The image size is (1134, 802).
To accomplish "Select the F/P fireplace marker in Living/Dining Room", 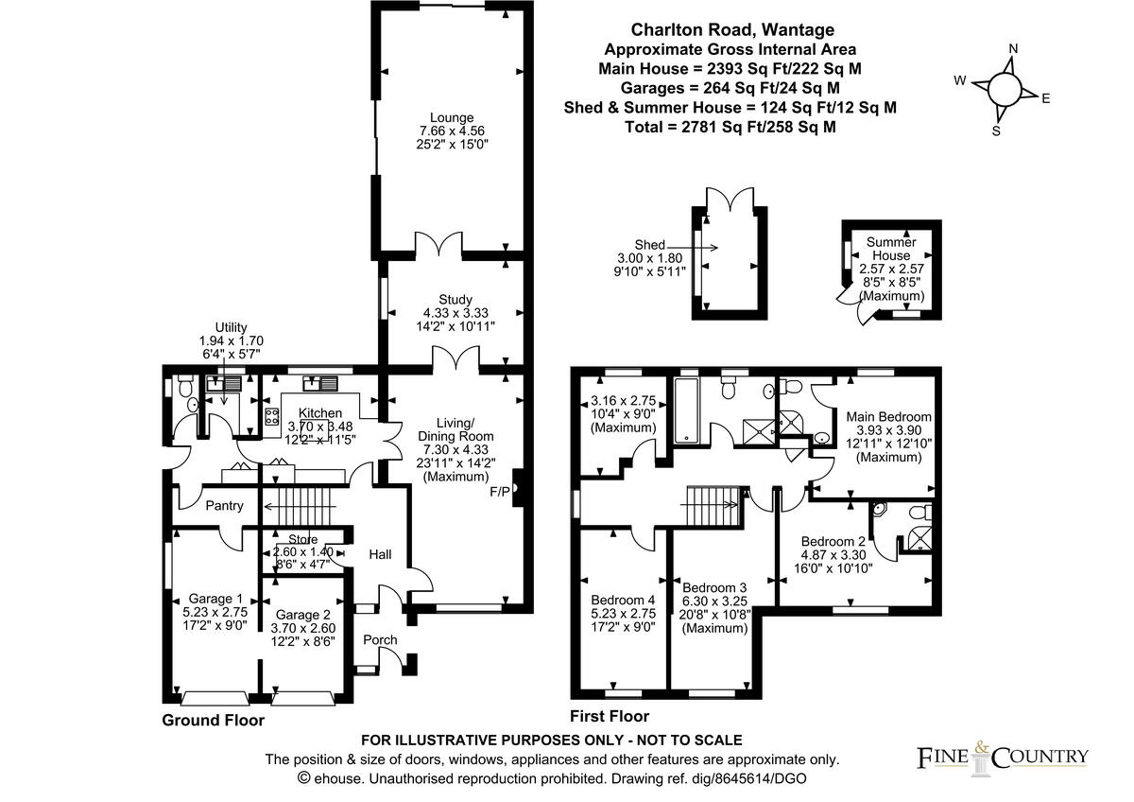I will tap(499, 492).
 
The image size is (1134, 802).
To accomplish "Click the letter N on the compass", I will tap(1013, 49).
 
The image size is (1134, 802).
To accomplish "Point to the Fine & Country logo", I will tap(1003, 756).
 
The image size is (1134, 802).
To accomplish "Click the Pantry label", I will tap(224, 506).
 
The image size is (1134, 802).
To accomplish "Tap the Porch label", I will tap(380, 640).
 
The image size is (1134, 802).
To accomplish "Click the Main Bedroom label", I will tap(888, 416).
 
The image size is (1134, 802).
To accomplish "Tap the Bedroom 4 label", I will tap(623, 600).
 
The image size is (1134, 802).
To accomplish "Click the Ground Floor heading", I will tap(213, 720).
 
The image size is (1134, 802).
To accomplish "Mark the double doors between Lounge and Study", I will tap(438, 248).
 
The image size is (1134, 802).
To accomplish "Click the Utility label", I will tap(231, 326).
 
